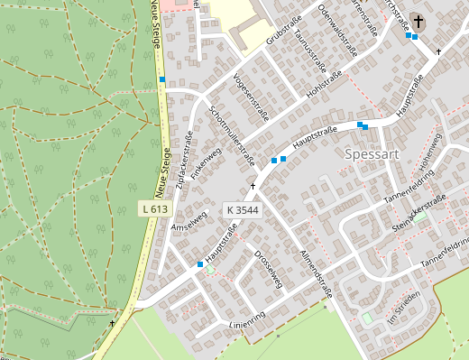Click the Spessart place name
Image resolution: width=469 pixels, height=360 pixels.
(x=372, y=154)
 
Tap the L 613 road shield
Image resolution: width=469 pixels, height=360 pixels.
(x=155, y=208)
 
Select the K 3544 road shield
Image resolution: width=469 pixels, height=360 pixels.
(x=243, y=210)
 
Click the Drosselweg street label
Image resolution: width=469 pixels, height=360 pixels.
(x=268, y=268)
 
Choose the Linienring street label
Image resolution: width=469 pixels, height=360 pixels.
(x=247, y=321)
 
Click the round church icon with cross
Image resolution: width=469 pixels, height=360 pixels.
(x=418, y=21)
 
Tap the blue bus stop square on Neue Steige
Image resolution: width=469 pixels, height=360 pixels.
(x=162, y=80)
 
